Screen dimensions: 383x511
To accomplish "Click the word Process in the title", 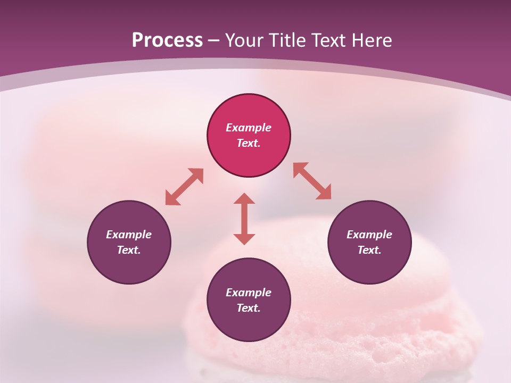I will click(167, 40).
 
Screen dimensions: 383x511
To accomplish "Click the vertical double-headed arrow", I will click(244, 219).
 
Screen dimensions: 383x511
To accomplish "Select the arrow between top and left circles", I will click(184, 187).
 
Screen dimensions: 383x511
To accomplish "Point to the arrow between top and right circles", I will click(312, 181).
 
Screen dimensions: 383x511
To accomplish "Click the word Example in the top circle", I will click(249, 128).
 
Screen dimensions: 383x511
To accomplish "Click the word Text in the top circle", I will click(249, 143).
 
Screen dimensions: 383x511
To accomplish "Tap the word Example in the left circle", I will click(129, 235).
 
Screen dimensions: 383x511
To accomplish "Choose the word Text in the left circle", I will click(129, 250).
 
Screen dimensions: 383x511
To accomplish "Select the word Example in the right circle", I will click(369, 235).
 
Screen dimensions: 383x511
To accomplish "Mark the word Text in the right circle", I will click(369, 250).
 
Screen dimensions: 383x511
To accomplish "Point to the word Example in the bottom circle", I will click(249, 293).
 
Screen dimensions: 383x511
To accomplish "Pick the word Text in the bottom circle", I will click(249, 308).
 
